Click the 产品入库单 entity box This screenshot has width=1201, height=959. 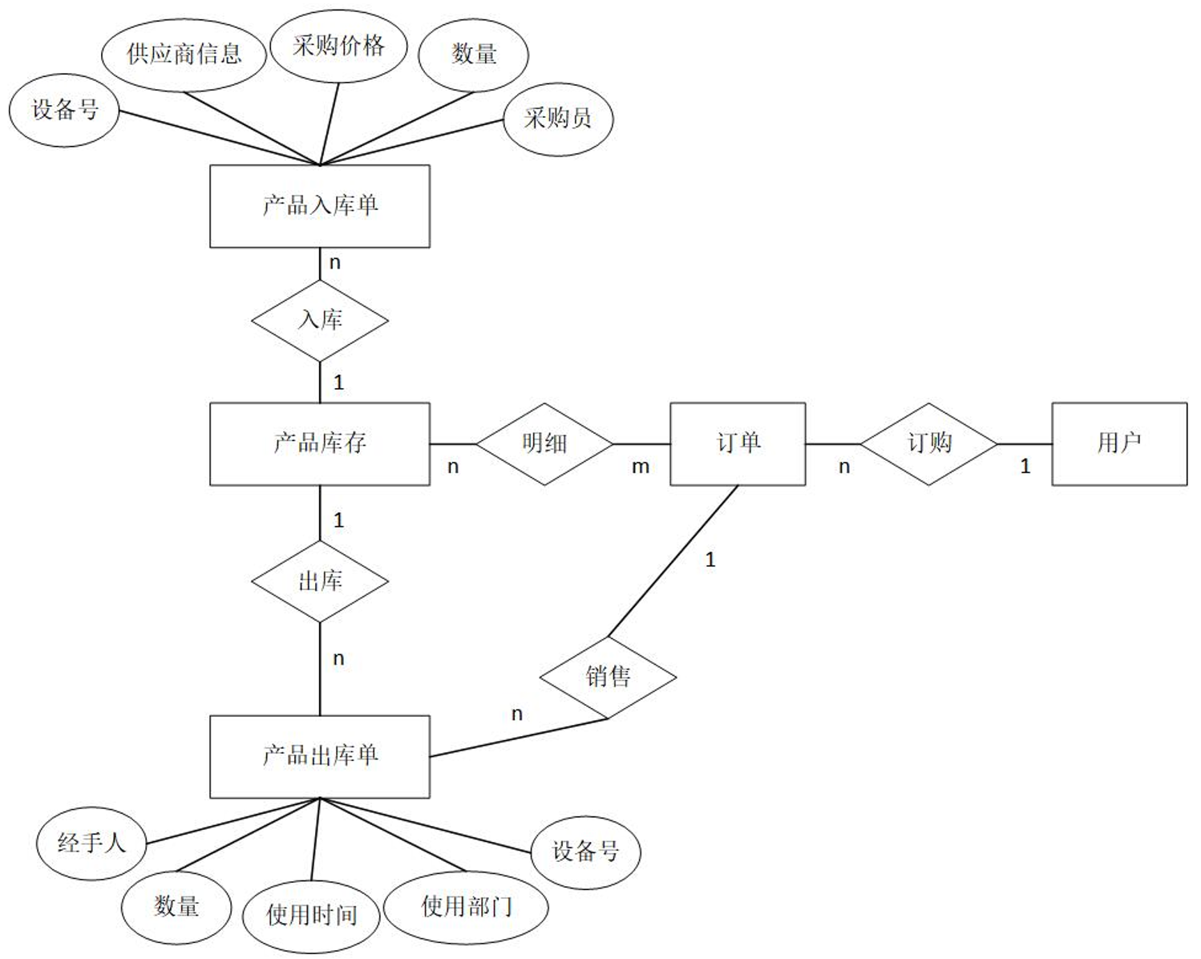point(319,206)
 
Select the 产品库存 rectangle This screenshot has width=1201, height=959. point(319,443)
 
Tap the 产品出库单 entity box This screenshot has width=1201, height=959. point(319,756)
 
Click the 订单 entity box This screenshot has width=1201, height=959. point(738,443)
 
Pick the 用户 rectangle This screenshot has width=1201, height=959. point(1118,443)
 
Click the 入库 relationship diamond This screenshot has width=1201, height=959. point(320,320)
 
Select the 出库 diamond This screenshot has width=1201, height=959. point(320,581)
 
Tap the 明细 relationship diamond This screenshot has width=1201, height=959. point(544,443)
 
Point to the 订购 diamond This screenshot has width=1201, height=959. point(928,443)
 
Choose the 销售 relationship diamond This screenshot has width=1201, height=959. point(608,678)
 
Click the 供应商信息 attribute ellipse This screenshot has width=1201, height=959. point(184,55)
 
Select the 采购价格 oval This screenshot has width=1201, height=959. point(338,47)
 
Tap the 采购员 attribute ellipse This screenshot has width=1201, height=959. point(558,119)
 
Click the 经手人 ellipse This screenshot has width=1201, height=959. point(91,844)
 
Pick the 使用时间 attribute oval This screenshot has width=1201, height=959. point(311,915)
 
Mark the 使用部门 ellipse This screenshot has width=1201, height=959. point(466,908)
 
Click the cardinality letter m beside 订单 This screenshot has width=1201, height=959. point(640,467)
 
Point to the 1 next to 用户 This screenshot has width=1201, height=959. point(1025,467)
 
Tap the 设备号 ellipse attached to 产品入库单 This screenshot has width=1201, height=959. point(64,111)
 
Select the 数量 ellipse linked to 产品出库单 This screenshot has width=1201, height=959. point(176,907)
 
